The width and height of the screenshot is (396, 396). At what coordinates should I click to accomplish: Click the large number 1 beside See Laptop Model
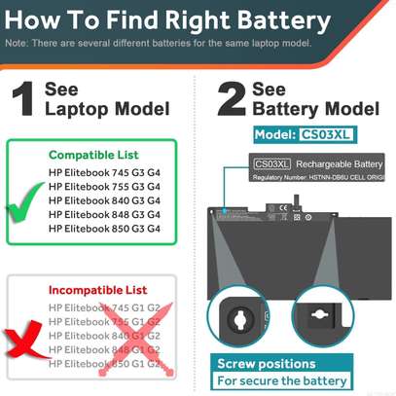click(x=24, y=103)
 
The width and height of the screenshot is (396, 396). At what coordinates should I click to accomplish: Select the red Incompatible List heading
click(x=97, y=290)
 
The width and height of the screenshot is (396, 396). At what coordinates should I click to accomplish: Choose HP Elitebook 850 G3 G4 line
click(x=104, y=228)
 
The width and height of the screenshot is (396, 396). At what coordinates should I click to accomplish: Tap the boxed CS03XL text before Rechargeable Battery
click(x=272, y=163)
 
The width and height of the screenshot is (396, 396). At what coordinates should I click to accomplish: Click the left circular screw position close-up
click(x=240, y=316)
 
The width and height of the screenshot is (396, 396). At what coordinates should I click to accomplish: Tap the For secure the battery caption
click(x=281, y=380)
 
